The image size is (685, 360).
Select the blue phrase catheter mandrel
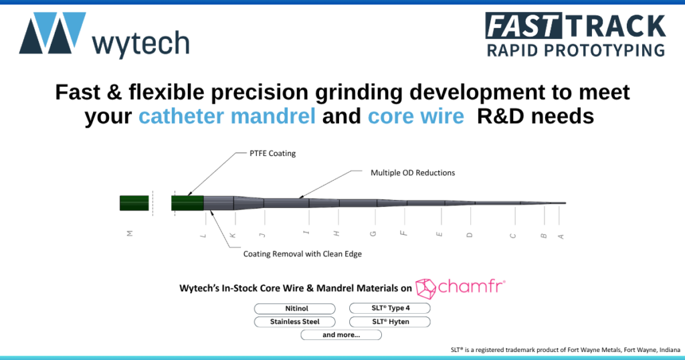click(227, 116)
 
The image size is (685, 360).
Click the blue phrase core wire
click(415, 116)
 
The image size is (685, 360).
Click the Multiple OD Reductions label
click(412, 173)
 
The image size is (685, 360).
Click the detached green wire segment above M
click(134, 203)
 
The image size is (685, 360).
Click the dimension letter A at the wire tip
click(561, 236)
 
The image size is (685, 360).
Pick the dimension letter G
click(373, 234)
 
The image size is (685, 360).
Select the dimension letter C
click(513, 235)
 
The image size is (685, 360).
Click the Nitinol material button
click(294, 308)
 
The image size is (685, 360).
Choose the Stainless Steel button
click(294, 322)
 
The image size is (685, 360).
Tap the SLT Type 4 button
click(389, 308)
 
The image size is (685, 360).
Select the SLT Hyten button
click(389, 322)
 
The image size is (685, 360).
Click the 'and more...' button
click(341, 335)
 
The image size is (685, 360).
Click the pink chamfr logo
click(460, 288)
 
